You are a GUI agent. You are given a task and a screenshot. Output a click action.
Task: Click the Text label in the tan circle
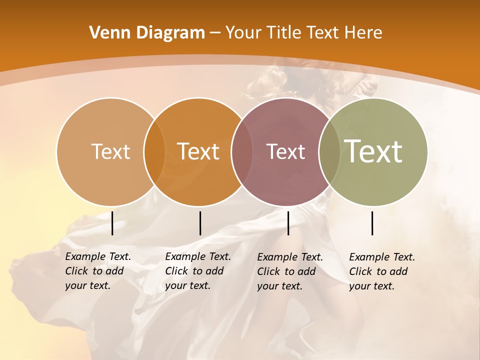pyautogui.click(x=110, y=151)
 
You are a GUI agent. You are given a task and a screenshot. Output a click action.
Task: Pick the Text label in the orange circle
pyautogui.click(x=198, y=151)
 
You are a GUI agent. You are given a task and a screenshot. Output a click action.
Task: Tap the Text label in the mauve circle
pyautogui.click(x=285, y=151)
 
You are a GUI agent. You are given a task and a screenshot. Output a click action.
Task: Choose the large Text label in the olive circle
pyautogui.click(x=373, y=151)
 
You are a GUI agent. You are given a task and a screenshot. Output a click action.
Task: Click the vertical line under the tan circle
pyautogui.click(x=112, y=223)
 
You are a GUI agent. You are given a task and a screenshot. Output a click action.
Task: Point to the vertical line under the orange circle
pyautogui.click(x=200, y=223)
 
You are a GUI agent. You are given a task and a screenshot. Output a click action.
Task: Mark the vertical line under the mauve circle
pyautogui.click(x=288, y=223)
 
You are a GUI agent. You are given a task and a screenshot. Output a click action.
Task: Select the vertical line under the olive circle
pyautogui.click(x=372, y=223)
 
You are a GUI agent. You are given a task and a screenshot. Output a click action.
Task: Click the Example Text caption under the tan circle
pyautogui.click(x=97, y=271)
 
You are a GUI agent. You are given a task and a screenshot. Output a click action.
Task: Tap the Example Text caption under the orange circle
pyautogui.click(x=197, y=271)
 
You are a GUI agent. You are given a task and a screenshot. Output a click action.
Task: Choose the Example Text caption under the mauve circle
pyautogui.click(x=290, y=271)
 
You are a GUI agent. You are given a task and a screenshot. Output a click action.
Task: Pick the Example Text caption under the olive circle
pyautogui.click(x=382, y=271)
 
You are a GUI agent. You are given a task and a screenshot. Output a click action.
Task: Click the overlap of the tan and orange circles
pyautogui.click(x=154, y=151)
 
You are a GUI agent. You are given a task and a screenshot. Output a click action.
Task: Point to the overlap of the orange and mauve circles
pyautogui.click(x=242, y=151)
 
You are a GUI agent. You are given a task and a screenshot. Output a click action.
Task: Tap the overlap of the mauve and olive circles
pyautogui.click(x=329, y=151)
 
